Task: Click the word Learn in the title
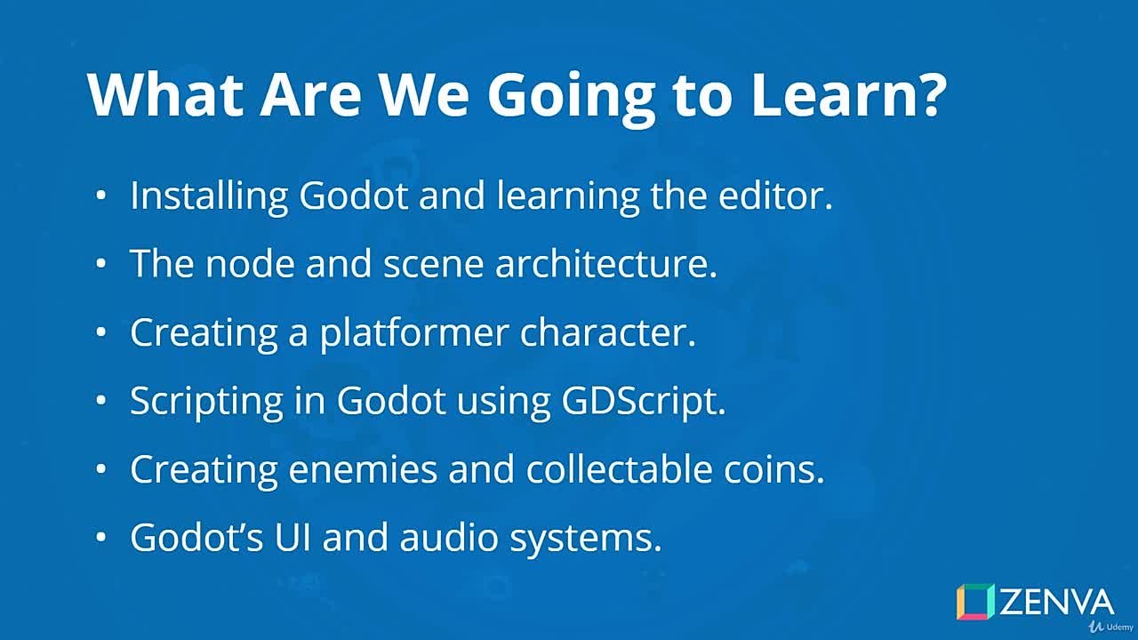tap(831, 94)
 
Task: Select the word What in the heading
tap(164, 94)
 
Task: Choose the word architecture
tap(605, 264)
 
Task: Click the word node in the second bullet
tap(253, 264)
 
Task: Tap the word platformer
tap(413, 332)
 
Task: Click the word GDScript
tap(643, 401)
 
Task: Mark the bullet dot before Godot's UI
tap(101, 538)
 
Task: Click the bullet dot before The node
tap(101, 264)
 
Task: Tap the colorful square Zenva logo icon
tap(975, 602)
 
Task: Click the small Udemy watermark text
tap(1113, 627)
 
